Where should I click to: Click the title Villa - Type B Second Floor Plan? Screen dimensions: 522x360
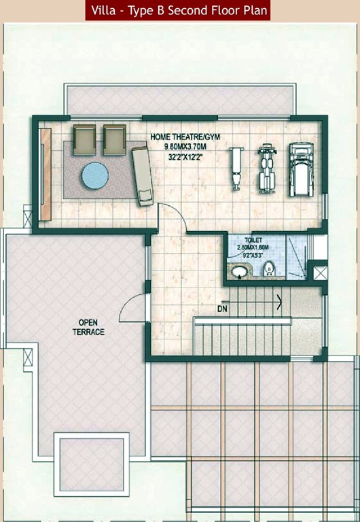tap(179, 11)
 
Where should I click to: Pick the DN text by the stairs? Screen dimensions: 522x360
tap(221, 309)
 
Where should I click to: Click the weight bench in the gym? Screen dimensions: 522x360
tap(236, 167)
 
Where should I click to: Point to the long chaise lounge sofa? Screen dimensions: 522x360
tap(142, 175)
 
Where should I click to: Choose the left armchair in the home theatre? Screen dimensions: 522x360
tap(84, 139)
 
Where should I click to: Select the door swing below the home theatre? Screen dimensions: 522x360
tap(170, 219)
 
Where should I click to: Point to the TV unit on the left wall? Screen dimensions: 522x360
tap(46, 174)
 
